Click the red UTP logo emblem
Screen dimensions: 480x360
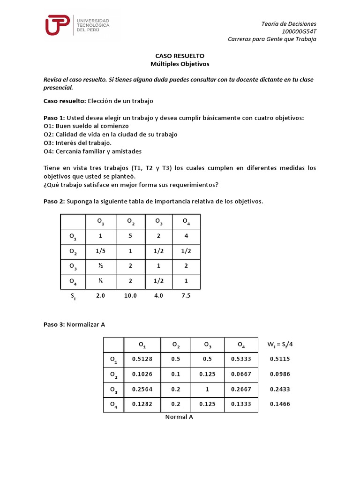[x=58, y=25]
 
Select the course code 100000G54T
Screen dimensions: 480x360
[x=299, y=31]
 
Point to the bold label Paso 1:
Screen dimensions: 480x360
[x=54, y=118]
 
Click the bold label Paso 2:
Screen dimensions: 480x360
[x=54, y=202]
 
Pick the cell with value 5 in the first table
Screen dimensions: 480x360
[x=131, y=236]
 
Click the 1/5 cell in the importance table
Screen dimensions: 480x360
[x=100, y=251]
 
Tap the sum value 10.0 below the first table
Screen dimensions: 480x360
[x=131, y=296]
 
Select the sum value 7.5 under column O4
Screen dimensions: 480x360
[x=186, y=296]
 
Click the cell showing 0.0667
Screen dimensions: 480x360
[x=241, y=375]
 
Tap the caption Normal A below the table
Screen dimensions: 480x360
[x=179, y=417]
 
